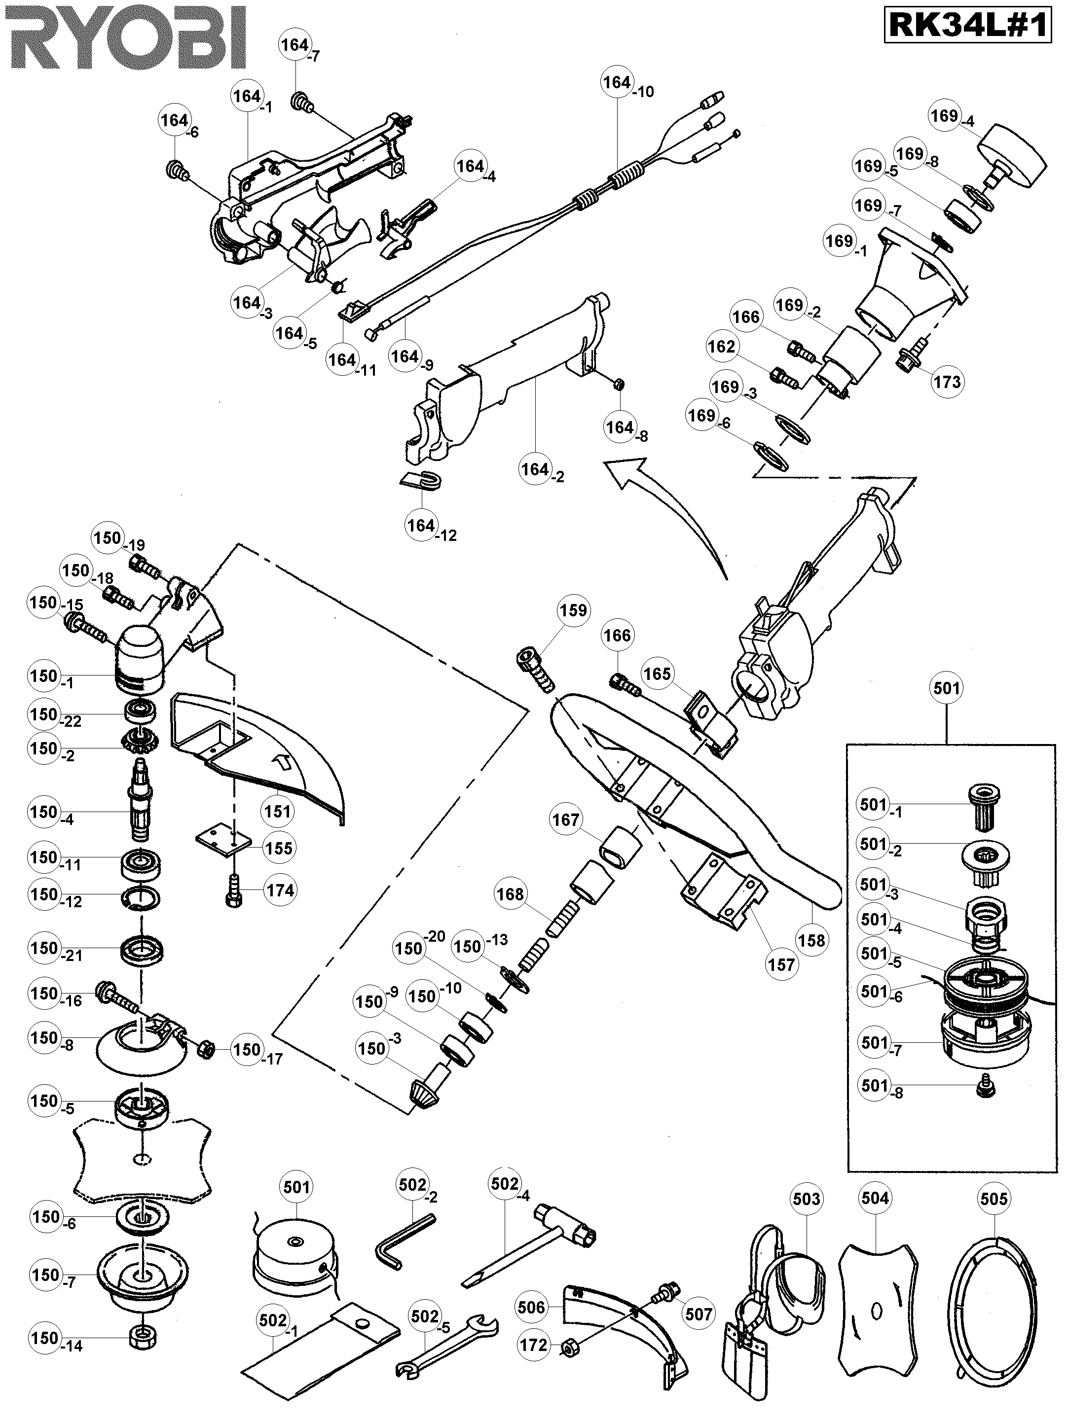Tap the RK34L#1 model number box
coord(968,26)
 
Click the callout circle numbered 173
coord(947,382)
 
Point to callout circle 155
coord(278,848)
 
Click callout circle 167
coord(565,820)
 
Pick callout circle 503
coord(807,1199)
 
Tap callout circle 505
coord(994,1199)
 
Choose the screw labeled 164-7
coord(300,100)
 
